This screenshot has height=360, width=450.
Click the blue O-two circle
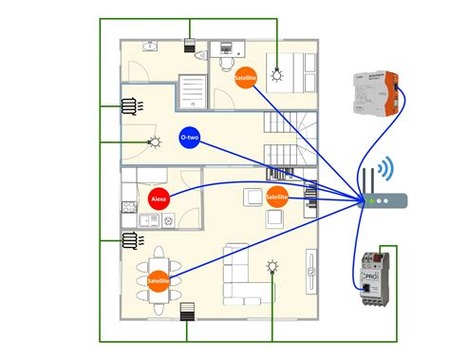188,138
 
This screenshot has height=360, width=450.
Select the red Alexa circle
159,199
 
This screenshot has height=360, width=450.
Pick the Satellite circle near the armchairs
277,199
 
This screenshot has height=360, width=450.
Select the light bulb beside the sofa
272,266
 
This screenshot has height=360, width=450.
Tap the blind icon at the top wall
188,45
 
